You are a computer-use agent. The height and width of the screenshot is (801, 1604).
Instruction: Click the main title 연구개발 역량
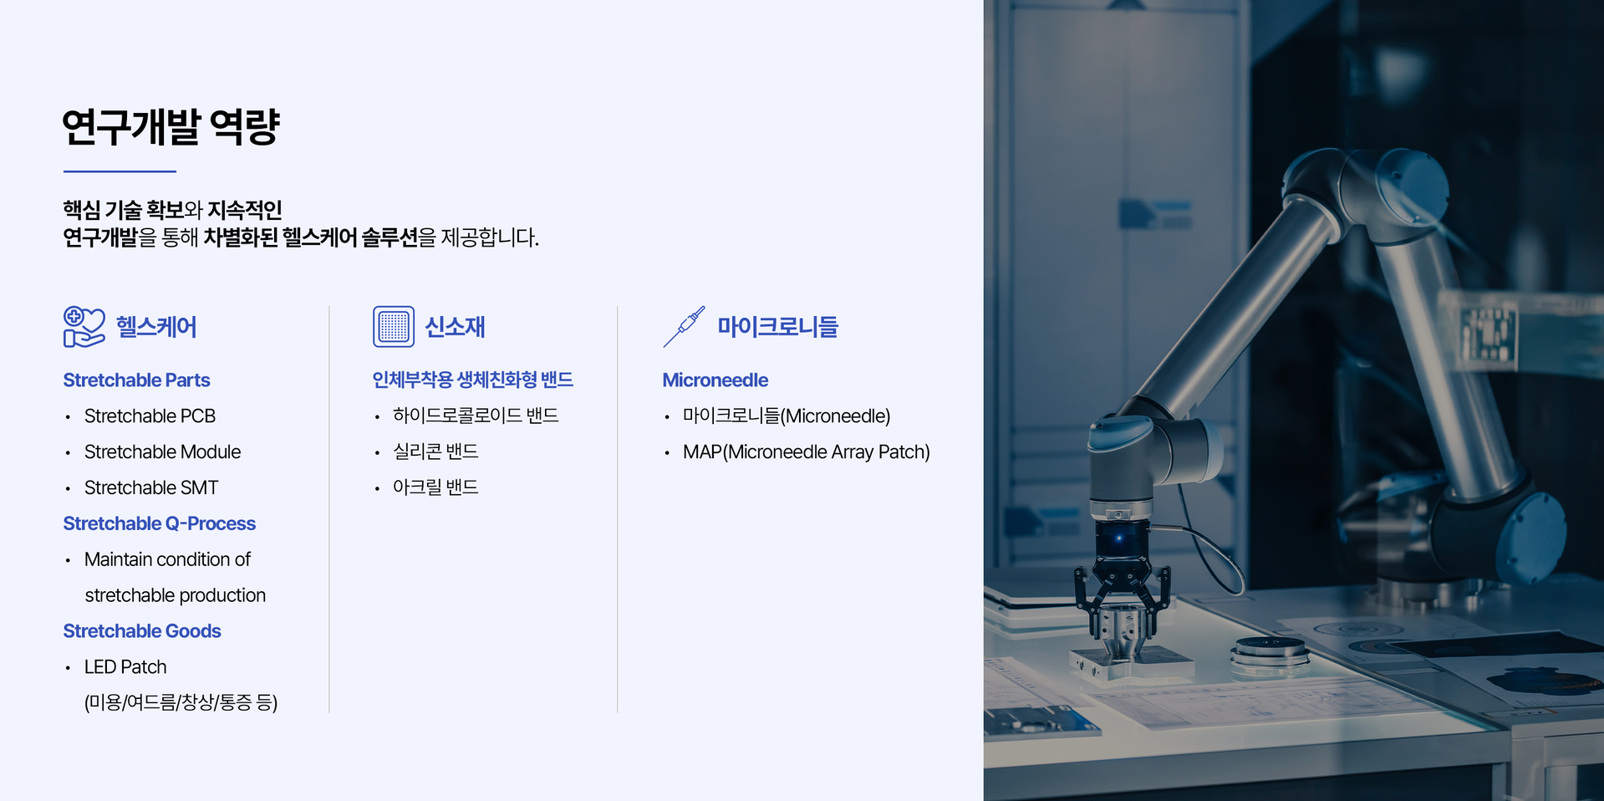click(x=171, y=127)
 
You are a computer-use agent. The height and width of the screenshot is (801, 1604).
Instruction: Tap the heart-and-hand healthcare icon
click(x=84, y=326)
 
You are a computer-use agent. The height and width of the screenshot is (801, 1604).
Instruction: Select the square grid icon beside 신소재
click(x=394, y=326)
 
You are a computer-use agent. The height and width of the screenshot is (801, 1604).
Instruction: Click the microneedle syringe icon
click(x=684, y=326)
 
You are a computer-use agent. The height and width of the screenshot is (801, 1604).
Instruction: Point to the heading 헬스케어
click(x=156, y=327)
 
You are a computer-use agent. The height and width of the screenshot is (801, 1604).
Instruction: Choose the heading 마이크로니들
click(x=777, y=327)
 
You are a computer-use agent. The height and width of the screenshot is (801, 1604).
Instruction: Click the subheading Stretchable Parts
click(x=136, y=380)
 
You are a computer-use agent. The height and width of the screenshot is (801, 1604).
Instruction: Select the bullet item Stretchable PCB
click(x=150, y=416)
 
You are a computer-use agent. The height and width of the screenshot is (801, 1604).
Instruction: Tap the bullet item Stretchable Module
click(x=162, y=452)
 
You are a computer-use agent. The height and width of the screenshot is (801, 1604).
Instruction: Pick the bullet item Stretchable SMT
click(x=151, y=487)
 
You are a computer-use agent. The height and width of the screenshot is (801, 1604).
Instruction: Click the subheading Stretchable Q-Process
click(x=160, y=523)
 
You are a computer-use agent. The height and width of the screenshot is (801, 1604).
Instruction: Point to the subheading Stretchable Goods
click(x=142, y=631)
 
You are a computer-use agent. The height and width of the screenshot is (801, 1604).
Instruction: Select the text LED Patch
click(x=125, y=667)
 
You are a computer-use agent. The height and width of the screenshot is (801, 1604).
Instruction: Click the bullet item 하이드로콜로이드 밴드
click(x=476, y=416)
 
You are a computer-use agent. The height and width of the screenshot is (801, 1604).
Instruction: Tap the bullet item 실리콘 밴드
click(x=435, y=452)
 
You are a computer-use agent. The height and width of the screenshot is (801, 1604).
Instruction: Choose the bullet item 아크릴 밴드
click(x=435, y=487)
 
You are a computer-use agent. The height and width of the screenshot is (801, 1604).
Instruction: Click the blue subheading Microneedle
click(x=715, y=380)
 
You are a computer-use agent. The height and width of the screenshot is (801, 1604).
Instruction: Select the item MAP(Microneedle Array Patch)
click(x=807, y=452)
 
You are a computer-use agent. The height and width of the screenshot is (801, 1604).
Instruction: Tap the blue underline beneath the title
click(x=120, y=171)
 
